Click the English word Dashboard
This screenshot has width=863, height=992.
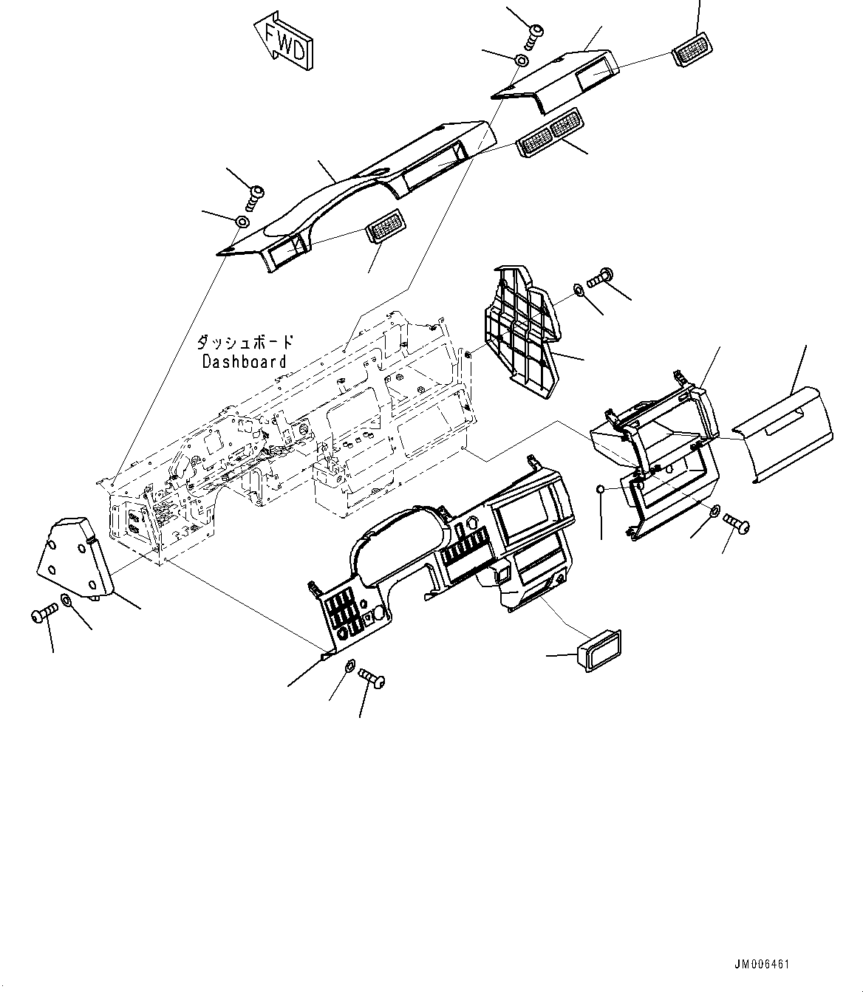(x=244, y=362)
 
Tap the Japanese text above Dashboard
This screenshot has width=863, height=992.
(x=245, y=343)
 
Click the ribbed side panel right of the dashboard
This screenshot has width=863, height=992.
(x=521, y=332)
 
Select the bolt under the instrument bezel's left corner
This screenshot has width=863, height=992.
(x=372, y=676)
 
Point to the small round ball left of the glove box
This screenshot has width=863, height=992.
(x=601, y=490)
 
